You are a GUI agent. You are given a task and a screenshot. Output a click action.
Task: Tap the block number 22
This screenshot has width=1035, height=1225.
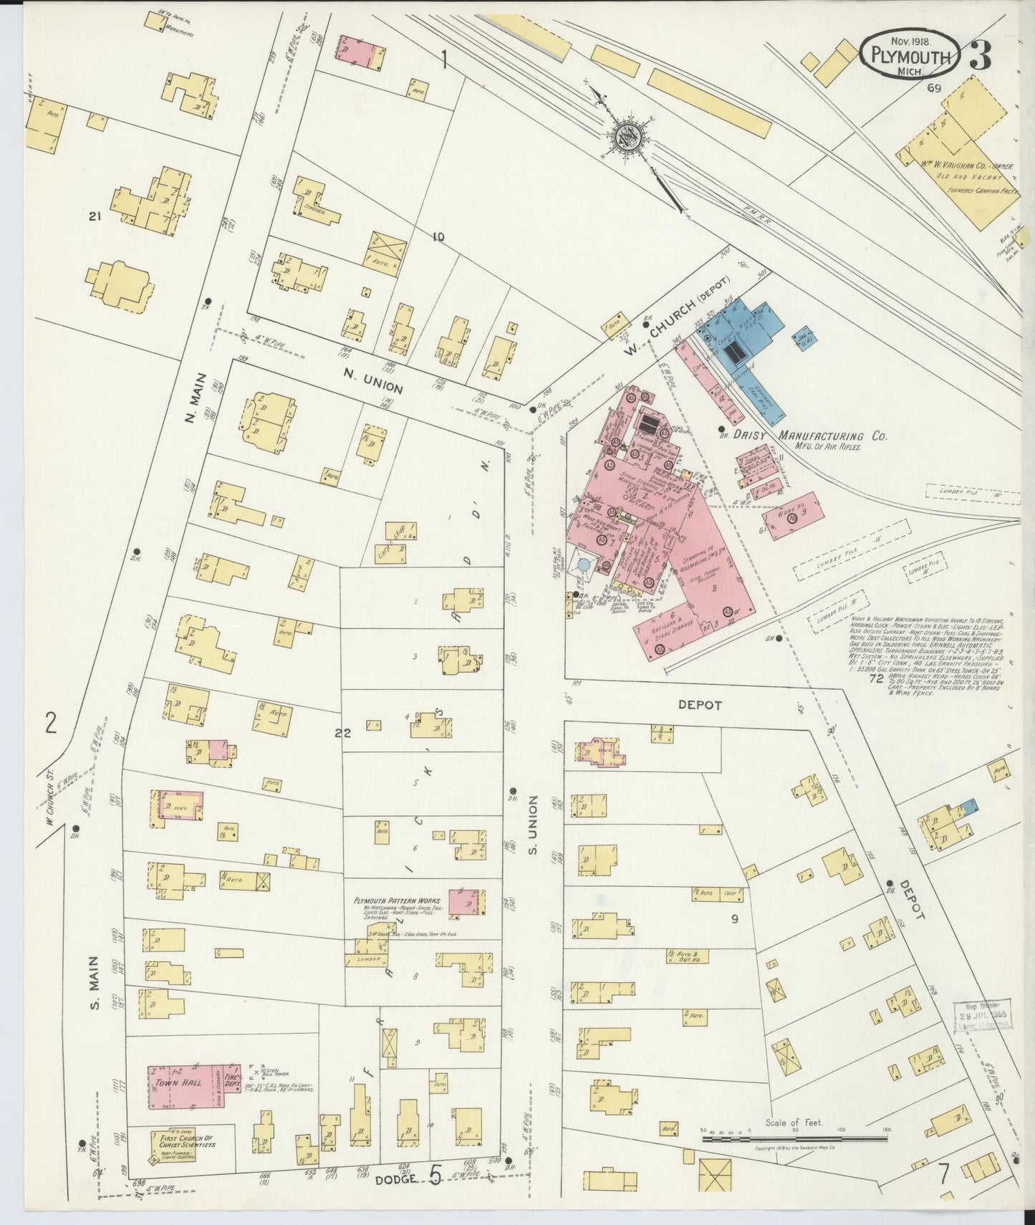click(x=342, y=733)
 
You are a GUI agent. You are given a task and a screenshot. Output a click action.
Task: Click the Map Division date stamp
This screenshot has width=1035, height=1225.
click(x=985, y=1012)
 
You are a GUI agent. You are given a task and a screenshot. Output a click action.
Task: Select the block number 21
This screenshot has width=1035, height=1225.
click(x=93, y=216)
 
